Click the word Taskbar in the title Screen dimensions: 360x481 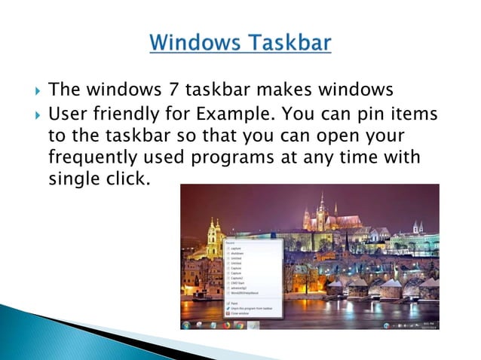[x=291, y=42]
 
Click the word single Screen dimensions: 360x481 [x=72, y=180]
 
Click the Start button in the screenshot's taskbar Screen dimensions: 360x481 [x=186, y=325]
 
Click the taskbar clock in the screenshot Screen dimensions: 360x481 [x=430, y=325]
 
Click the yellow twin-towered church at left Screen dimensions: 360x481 [x=214, y=237]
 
